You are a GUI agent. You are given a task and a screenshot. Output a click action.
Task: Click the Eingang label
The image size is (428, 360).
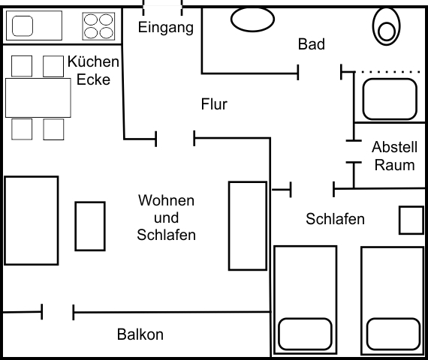coord(166,28)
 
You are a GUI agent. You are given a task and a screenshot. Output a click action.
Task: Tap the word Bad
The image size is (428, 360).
coord(311,45)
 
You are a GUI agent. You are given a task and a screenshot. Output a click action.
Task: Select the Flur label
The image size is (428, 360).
coord(214,104)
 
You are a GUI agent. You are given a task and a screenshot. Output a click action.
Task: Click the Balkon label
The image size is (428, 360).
coord(140,334)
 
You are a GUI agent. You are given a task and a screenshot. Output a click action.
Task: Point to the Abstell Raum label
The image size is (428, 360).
coord(394,156)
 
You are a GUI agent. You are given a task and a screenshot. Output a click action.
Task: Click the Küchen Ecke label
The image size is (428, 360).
coord(93,70)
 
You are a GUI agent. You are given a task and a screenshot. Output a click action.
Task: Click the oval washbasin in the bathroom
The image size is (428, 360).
coord(252,19)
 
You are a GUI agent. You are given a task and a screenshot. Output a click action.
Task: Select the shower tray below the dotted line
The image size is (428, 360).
coord(390,98)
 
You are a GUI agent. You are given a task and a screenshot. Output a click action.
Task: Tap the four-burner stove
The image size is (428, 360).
coord(99,26)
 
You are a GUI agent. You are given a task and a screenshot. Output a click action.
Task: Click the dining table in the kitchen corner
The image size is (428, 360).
coord(38,97)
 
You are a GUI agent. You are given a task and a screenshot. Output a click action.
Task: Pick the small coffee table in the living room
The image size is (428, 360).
coord(90,225)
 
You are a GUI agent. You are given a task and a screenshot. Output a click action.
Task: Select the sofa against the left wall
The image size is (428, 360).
coord(32,220)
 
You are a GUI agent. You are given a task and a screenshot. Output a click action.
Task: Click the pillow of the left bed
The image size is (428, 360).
coord(306,332)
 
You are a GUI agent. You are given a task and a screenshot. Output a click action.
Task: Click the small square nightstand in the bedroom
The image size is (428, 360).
coord(411,220)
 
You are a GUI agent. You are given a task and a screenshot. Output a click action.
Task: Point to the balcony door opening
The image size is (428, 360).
coord(58,311)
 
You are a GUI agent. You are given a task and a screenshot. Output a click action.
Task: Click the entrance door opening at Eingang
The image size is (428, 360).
coord(162,7)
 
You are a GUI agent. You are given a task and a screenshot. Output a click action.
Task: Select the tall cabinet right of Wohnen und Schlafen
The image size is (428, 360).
coord(247,225)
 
